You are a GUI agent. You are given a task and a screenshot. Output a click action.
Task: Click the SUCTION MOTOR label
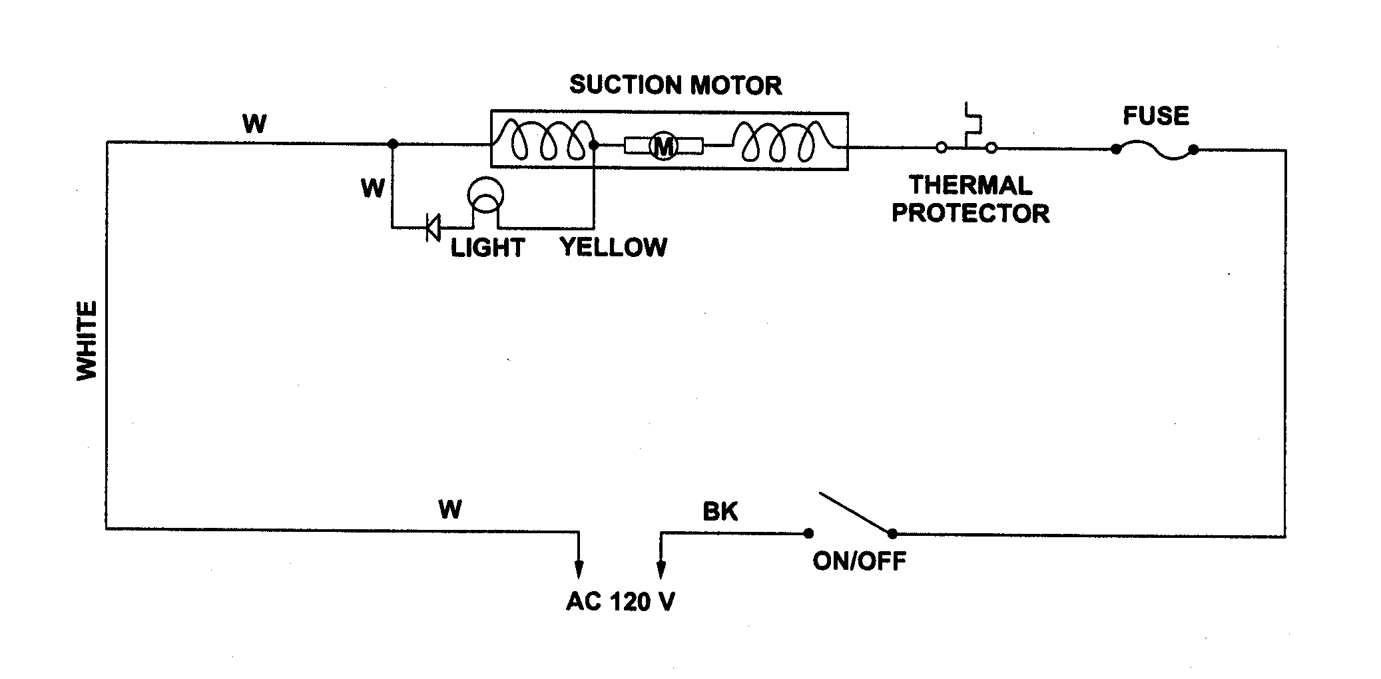tap(675, 85)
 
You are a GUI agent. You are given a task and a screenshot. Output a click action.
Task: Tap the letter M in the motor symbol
tap(663, 146)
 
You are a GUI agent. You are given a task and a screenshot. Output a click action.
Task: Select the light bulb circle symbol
tap(485, 195)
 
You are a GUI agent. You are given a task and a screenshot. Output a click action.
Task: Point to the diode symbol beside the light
tap(433, 228)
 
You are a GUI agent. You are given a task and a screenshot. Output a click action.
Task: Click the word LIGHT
tap(487, 248)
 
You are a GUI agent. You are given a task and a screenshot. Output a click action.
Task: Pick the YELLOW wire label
tap(613, 247)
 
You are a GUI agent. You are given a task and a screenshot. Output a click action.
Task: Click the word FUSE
tap(1155, 116)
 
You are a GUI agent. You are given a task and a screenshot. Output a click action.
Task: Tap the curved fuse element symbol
tap(1155, 151)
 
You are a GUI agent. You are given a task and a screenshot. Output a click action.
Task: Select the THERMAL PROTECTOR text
tap(970, 199)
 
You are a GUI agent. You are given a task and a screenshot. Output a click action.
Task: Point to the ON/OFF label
tap(859, 561)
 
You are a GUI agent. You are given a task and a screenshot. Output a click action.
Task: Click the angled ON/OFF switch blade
tap(856, 513)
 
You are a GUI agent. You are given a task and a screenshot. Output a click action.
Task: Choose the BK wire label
tap(720, 511)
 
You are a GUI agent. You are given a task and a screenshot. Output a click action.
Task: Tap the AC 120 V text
tap(620, 602)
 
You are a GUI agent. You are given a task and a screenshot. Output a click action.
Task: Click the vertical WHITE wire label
tap(87, 340)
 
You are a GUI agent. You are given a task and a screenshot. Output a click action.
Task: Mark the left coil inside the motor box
tap(546, 141)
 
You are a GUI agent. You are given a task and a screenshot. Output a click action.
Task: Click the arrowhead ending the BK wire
tap(661, 569)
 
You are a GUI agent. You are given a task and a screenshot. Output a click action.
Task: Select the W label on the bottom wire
tap(449, 509)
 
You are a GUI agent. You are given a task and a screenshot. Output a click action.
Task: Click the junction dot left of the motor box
tap(393, 144)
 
